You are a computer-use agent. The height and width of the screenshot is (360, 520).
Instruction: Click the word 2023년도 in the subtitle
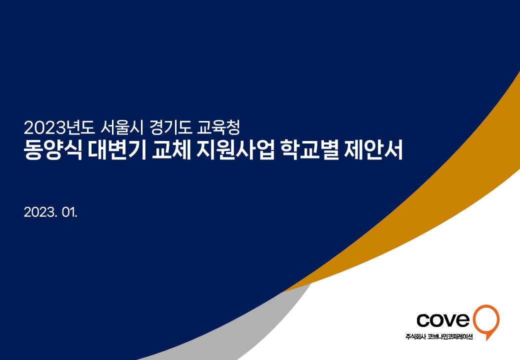point(59,127)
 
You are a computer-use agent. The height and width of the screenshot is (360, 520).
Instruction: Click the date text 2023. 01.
point(50,212)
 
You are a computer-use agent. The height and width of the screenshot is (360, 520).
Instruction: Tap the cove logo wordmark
point(443,319)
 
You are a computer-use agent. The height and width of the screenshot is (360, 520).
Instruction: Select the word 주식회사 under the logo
point(415,337)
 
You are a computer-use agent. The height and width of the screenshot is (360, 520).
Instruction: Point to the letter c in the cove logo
point(423,320)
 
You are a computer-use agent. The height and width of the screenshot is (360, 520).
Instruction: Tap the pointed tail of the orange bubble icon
point(487,339)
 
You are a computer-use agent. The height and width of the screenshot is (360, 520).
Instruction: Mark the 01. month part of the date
point(70,212)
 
